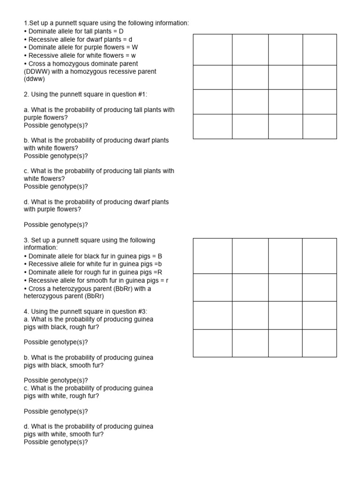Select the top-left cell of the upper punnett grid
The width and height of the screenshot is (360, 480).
(x=212, y=50)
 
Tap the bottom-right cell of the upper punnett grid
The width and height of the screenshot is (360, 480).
(x=319, y=126)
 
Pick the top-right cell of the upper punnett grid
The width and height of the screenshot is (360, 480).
(x=319, y=50)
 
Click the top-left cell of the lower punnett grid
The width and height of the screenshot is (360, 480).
(x=212, y=256)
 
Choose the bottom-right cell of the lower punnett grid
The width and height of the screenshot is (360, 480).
(x=319, y=343)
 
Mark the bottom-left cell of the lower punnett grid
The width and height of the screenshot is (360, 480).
(x=212, y=343)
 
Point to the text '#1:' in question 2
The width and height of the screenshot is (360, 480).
(x=141, y=94)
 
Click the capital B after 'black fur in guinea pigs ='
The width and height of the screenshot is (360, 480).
(x=160, y=256)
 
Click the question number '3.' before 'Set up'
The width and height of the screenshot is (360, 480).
(x=27, y=240)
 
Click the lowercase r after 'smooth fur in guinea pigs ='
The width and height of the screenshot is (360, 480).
(x=167, y=280)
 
